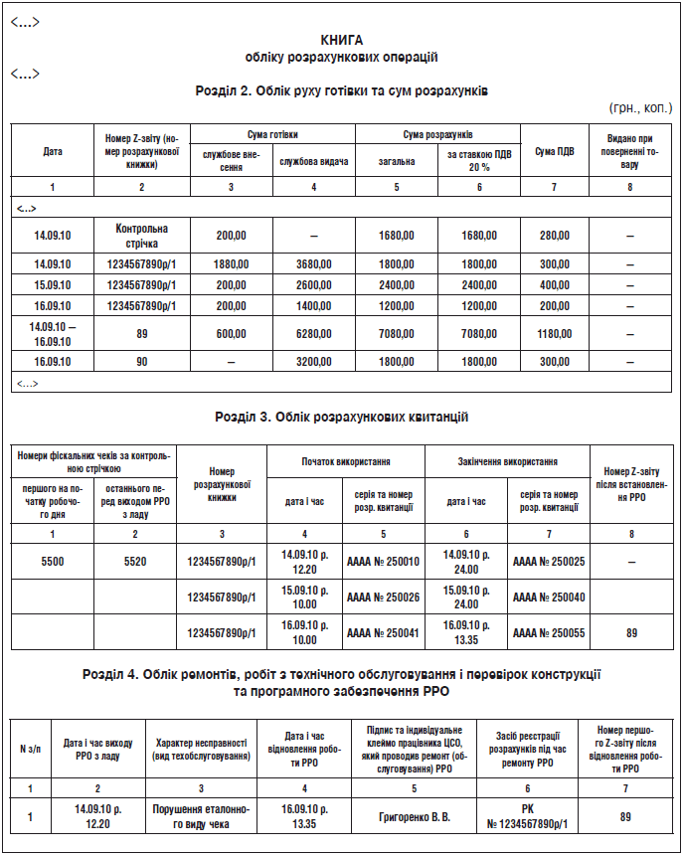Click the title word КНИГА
tap(341, 40)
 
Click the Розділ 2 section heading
tap(341, 90)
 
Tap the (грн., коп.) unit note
tap(639, 107)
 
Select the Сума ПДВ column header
tap(555, 151)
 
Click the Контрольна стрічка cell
tap(142, 235)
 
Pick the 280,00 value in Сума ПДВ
tap(555, 236)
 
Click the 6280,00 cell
tap(314, 334)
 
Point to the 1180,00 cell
tap(555, 334)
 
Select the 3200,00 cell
tap(314, 362)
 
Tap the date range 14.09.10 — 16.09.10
tap(53, 334)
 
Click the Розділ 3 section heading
tap(341, 417)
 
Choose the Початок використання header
tap(346, 461)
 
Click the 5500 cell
tap(53, 562)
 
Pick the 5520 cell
tap(135, 562)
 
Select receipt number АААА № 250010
tap(383, 562)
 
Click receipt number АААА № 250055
tap(549, 632)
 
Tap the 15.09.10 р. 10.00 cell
tap(304, 597)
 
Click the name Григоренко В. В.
tap(415, 817)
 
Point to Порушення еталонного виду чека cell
tap(201, 817)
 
